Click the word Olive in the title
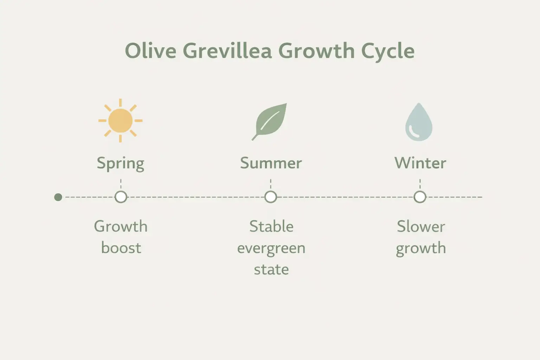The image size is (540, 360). click(x=150, y=51)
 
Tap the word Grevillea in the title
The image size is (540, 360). click(x=227, y=51)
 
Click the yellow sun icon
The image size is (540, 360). click(x=121, y=121)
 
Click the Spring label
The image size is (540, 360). click(x=121, y=163)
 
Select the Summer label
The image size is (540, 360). click(x=271, y=163)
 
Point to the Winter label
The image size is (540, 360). click(x=420, y=163)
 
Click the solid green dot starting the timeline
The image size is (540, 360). click(x=58, y=197)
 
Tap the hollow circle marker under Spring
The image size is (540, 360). click(x=121, y=197)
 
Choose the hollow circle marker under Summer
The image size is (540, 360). click(x=271, y=197)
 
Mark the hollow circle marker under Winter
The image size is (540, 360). click(x=420, y=197)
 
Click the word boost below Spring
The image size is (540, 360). click(x=121, y=248)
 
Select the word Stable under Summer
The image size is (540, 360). click(x=271, y=226)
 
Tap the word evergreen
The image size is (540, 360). click(x=271, y=249)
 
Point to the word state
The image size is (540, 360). click(x=271, y=270)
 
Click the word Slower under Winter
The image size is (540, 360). click(x=421, y=226)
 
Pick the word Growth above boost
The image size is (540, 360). click(x=121, y=226)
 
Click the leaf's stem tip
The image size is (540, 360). click(x=253, y=140)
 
